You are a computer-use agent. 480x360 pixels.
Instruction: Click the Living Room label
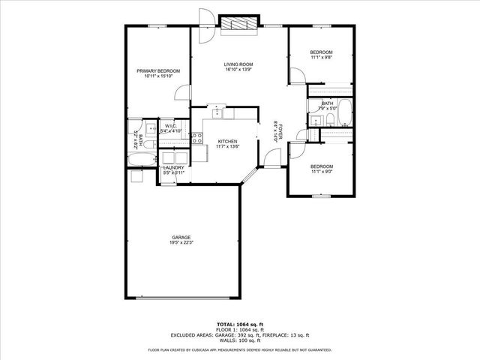pos(239,64)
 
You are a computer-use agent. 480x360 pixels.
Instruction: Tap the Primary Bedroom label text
pos(158,70)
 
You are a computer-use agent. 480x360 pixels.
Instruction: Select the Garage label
pos(180,237)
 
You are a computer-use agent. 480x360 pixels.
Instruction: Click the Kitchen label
pos(228,141)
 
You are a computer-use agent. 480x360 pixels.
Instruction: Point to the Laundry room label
pos(174,168)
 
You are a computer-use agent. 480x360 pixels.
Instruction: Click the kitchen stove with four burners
pos(197,137)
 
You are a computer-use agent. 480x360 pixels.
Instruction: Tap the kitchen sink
pos(217,113)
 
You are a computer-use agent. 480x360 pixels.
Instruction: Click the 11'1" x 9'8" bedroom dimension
pos(321,57)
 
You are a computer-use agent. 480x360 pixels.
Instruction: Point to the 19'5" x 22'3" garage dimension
pos(180,242)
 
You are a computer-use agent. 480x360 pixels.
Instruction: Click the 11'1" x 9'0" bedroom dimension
pos(321,170)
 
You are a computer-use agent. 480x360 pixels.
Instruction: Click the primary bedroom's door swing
pos(181,91)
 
